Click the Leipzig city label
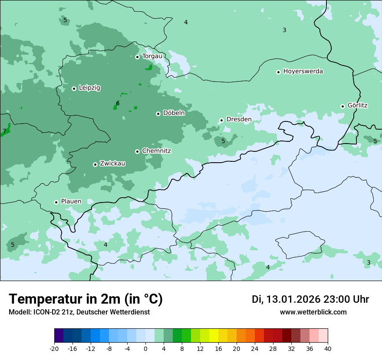click(x=89, y=88)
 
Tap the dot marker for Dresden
click(x=221, y=120)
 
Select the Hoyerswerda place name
click(x=303, y=71)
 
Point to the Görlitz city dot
click(x=342, y=106)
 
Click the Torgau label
click(x=152, y=56)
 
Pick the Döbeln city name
click(x=174, y=113)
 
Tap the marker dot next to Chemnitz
click(x=137, y=151)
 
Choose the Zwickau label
click(x=112, y=164)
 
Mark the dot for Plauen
click(x=56, y=202)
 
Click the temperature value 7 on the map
click(x=4, y=131)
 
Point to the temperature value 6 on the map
click(x=118, y=103)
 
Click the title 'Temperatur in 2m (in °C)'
click(x=86, y=299)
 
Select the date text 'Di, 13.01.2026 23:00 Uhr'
click(x=310, y=299)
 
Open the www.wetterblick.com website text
click(x=313, y=312)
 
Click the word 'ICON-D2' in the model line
click(x=45, y=312)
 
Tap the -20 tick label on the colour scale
click(x=54, y=348)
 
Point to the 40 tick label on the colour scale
click(x=327, y=348)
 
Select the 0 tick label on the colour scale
click(x=145, y=348)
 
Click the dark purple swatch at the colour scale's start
click(x=59, y=336)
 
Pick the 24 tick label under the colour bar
click(x=255, y=348)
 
